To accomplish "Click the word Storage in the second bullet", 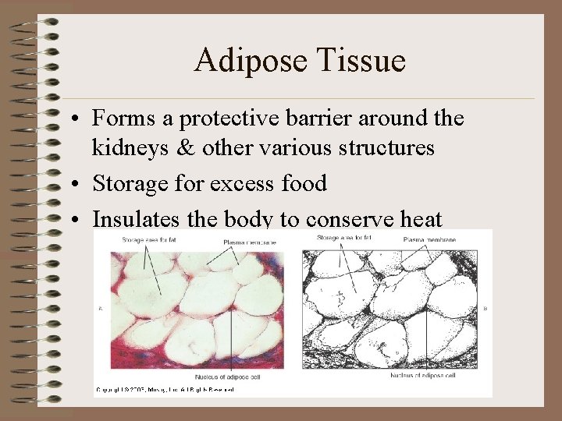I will (128, 184).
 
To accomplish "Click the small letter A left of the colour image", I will (100, 310).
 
